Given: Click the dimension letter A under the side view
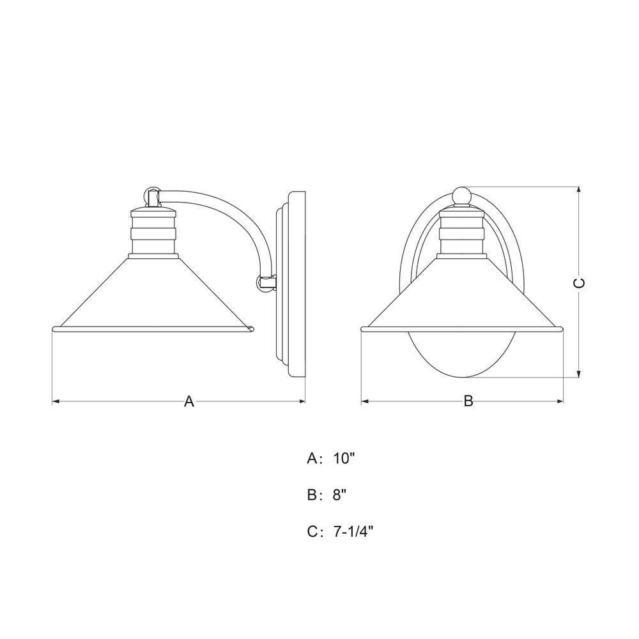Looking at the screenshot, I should pos(189,401).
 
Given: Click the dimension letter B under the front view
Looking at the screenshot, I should pos(468,401).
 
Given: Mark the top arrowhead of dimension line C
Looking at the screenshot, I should pos(579,190).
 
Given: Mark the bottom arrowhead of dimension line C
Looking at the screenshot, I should pos(579,374).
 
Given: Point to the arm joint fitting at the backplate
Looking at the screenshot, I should pos(266,281).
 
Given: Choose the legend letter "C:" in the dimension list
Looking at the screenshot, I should pos(314,530).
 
